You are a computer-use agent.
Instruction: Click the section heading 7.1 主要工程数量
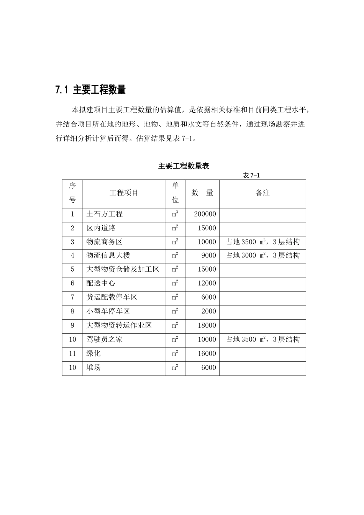coord(90,90)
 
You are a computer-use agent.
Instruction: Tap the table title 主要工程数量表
coord(184,166)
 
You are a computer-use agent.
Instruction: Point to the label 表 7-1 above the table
coord(251,175)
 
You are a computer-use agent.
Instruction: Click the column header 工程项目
coord(124,193)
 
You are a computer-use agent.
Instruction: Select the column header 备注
coord(262,193)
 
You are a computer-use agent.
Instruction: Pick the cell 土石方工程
coord(105,214)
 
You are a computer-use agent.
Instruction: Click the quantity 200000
coord(205,214)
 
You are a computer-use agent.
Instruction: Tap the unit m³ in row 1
coord(175,214)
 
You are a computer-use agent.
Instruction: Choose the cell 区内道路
coord(101,228)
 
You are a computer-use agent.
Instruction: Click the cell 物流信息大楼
coord(108,256)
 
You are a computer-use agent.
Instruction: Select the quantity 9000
coord(209,256)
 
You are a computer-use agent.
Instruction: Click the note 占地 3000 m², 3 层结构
coord(263,256)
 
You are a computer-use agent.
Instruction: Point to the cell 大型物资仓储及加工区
coord(123,269)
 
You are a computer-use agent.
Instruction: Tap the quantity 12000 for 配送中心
coord(207,283)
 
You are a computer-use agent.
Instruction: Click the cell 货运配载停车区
coord(112,297)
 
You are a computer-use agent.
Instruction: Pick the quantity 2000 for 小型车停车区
coord(209,311)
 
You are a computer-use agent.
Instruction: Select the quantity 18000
coord(207,325)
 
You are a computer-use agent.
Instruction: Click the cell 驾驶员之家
coord(105,339)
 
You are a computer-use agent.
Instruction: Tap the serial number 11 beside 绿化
coord(72,353)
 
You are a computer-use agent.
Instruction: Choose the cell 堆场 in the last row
coord(93,367)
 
